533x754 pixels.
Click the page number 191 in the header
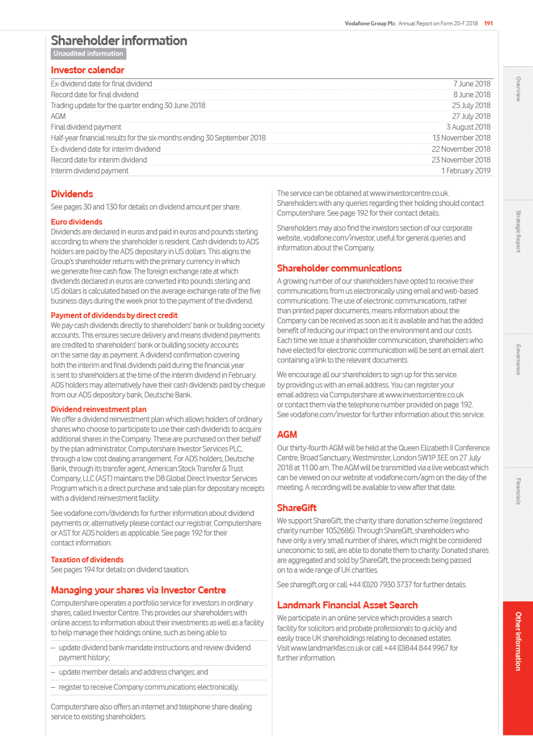coord(488,23)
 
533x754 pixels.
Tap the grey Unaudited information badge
coord(88,53)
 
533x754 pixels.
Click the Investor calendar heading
coord(88,70)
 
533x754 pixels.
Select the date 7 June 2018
coord(472,84)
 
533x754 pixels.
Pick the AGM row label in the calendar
coord(58,116)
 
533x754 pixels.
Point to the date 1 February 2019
coord(466,170)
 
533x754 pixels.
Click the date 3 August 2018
coord(468,127)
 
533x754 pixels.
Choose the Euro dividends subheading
coord(77,222)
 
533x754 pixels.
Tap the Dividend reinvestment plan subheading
coord(98,409)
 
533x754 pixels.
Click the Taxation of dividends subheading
coord(87,559)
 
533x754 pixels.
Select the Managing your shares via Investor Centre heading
coord(139,590)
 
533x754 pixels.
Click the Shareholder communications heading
coord(339,268)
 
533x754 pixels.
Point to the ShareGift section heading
coord(297,507)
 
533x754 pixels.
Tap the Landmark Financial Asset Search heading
coord(347,605)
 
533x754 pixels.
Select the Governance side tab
coord(518,359)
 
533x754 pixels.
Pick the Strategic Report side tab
coord(518,231)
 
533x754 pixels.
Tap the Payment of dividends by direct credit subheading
coord(114,315)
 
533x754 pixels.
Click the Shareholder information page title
coord(119,41)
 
